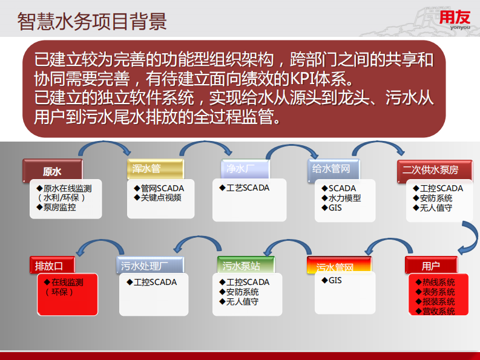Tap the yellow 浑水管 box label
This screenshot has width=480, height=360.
[x=147, y=169]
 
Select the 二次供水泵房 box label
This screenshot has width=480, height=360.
[x=430, y=169]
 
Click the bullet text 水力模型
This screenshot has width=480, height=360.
[x=344, y=198]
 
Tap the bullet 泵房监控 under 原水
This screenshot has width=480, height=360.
[x=58, y=208]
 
